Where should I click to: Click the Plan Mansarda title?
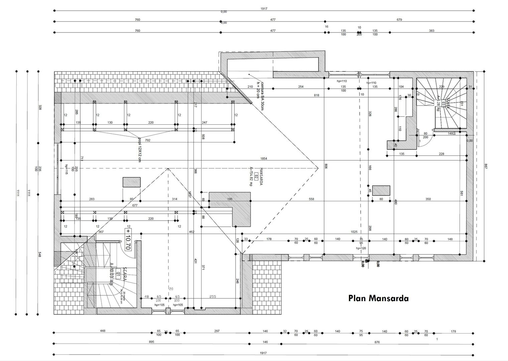point(378,298)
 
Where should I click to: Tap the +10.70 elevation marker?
point(127,240)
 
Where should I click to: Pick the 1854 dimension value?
point(264,158)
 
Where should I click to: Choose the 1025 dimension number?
point(354,232)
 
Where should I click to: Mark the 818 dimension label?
point(316,95)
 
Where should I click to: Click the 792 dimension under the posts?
point(147,140)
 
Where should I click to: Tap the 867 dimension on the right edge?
point(486,166)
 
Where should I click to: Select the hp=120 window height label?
point(361,248)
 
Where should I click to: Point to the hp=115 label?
point(67,169)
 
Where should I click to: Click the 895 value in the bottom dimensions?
point(151,342)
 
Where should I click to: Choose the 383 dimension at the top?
point(431,31)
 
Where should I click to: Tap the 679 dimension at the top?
point(399,20)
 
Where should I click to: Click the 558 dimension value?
point(311,199)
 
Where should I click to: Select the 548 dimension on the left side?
point(40,254)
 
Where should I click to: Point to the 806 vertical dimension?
point(326,166)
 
